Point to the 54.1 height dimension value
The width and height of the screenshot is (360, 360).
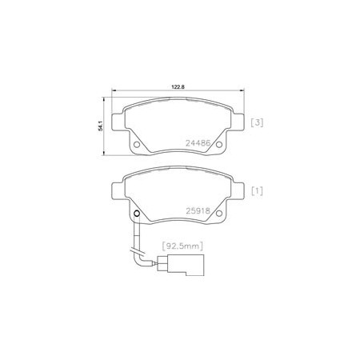(x=101, y=126)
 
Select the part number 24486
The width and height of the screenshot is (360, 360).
(x=198, y=143)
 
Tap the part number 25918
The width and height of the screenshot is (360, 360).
(x=198, y=211)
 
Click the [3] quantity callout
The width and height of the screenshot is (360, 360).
(x=257, y=122)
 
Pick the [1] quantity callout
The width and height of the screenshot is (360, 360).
(x=257, y=191)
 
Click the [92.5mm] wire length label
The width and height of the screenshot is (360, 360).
(x=182, y=246)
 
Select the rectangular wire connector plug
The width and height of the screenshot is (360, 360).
(x=181, y=265)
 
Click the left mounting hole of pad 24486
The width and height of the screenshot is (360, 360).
(x=137, y=145)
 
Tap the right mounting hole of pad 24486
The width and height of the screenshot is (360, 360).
(x=219, y=145)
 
